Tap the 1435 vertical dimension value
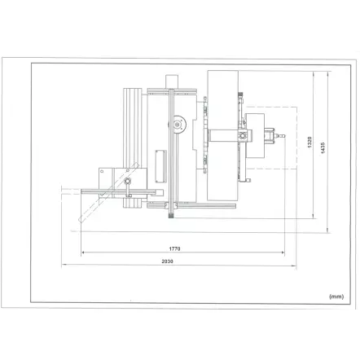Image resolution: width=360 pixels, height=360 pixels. [x=323, y=145]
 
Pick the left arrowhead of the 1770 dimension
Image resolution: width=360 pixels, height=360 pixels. [x=82, y=252]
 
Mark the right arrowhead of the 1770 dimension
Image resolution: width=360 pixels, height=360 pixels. [x=283, y=252]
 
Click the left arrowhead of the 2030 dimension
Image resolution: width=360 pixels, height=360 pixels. [x=62, y=266]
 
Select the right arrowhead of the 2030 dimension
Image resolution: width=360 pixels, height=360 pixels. [x=295, y=266]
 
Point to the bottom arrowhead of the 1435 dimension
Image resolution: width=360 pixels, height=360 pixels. [x=327, y=230]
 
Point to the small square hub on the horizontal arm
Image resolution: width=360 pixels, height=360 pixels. [x=242, y=136]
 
